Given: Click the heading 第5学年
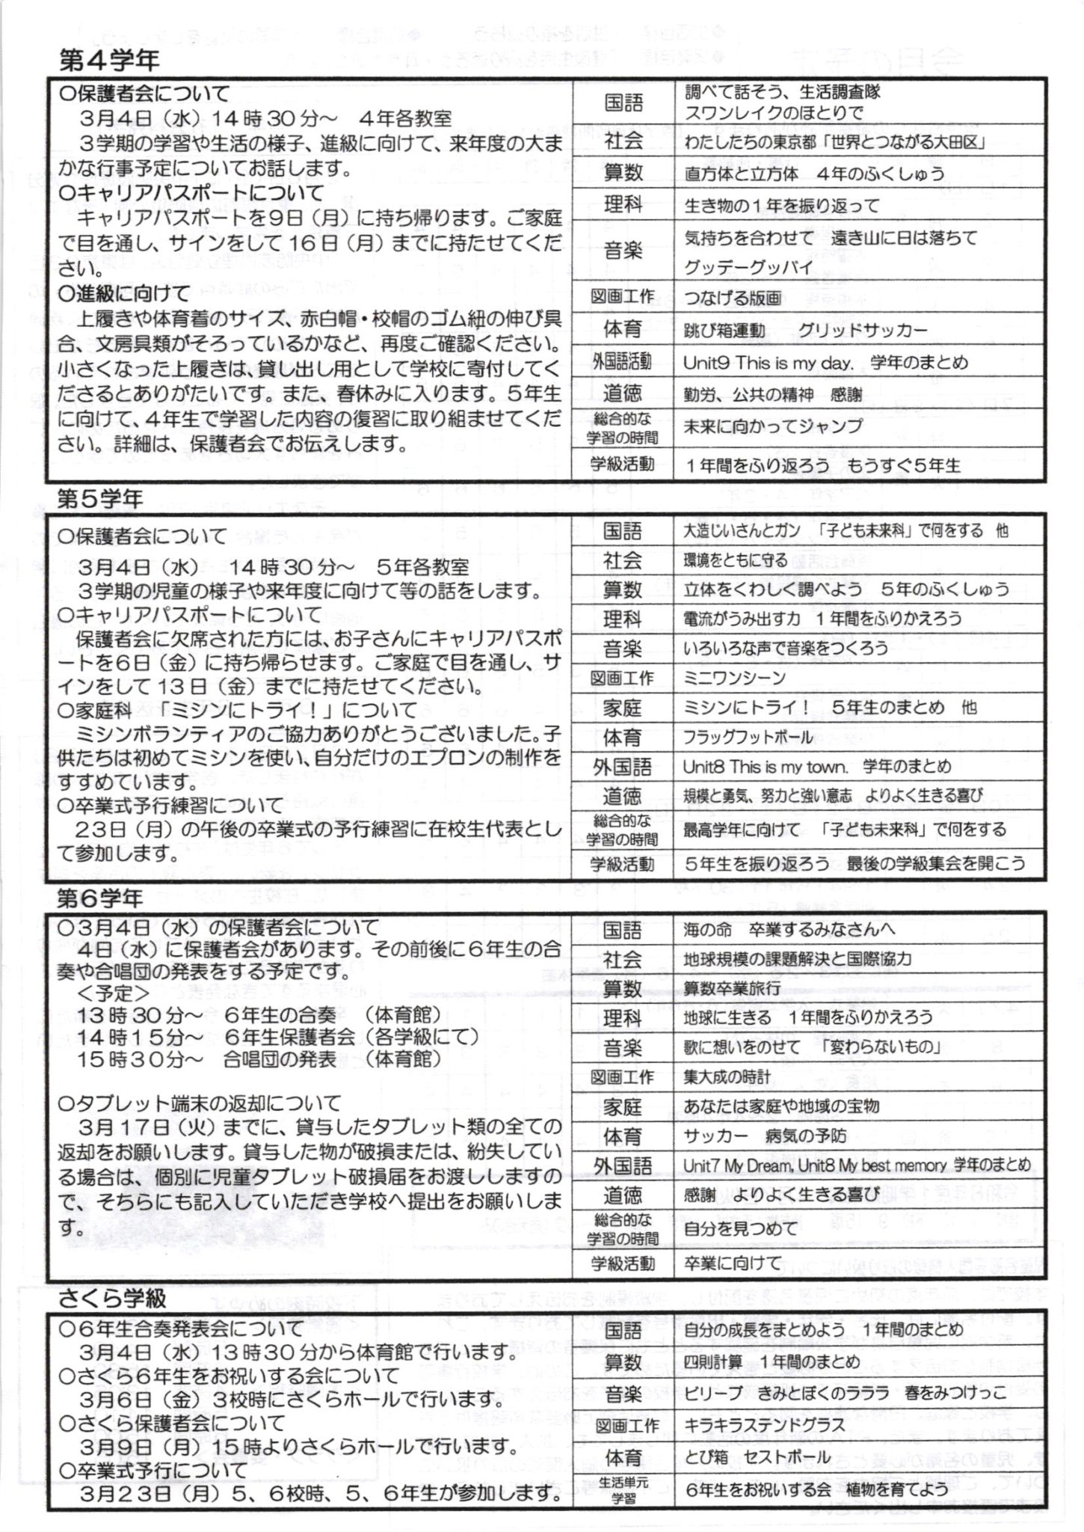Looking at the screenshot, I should [100, 500].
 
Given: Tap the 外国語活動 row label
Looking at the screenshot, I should [622, 362].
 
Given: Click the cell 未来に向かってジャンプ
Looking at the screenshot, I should [773, 426].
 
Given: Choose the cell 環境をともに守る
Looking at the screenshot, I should [736, 560].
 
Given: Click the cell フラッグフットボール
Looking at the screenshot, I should [748, 738].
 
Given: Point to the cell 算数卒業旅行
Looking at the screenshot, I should [732, 988].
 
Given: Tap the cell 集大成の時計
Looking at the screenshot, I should [727, 1077].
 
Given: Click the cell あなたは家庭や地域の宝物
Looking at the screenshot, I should [781, 1106].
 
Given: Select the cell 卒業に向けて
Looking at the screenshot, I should [732, 1263].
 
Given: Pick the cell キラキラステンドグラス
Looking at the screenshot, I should [764, 1425].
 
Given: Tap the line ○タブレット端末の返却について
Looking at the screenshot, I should [200, 1103].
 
